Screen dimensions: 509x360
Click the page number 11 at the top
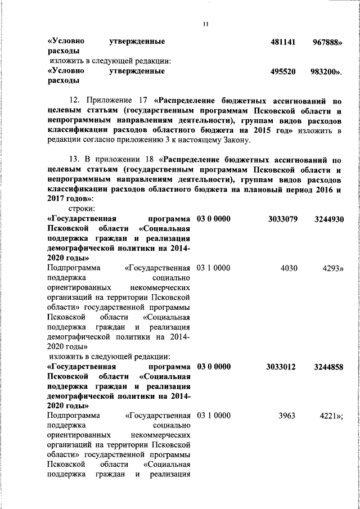pos(205,24)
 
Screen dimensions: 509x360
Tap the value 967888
pos(327,42)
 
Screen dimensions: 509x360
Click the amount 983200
pos(326,71)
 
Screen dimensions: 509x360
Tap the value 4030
pos(289,268)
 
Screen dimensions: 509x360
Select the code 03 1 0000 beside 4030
pos(213,268)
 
